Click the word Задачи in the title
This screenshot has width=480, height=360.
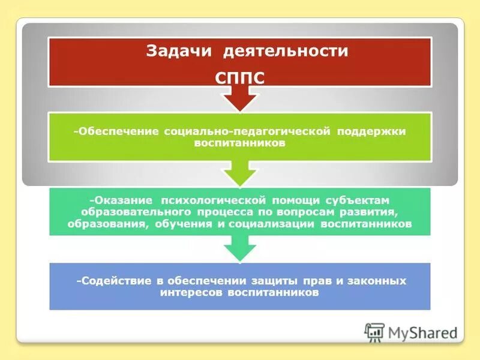click(x=177, y=51)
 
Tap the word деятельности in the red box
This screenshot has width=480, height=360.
click(x=286, y=51)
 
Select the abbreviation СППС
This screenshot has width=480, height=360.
click(x=239, y=78)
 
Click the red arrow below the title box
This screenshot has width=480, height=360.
click(x=239, y=98)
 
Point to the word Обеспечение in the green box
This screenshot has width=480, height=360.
click(x=118, y=131)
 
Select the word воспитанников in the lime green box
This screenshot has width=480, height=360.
click(x=239, y=144)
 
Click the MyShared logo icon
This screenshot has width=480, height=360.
click(x=374, y=332)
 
